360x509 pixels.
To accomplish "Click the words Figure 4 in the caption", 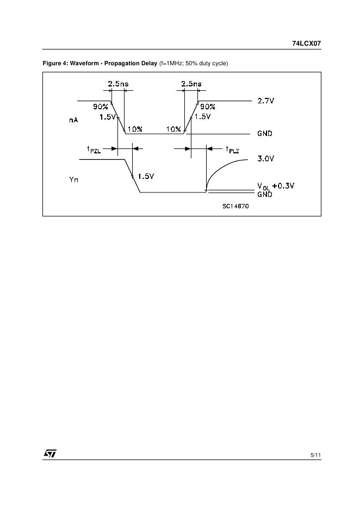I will pyautogui.click(x=55, y=64).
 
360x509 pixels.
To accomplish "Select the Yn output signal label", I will pyautogui.click(x=73, y=179).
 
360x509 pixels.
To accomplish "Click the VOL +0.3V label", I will pyautogui.click(x=276, y=186).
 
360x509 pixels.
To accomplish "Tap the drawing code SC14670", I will pyautogui.click(x=235, y=206).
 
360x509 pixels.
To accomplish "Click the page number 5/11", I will pyautogui.click(x=315, y=454).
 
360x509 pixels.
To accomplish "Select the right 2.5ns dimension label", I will pyautogui.click(x=191, y=84).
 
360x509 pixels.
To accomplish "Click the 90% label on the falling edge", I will pyautogui.click(x=100, y=107).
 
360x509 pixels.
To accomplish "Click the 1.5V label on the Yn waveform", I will pyautogui.click(x=146, y=176).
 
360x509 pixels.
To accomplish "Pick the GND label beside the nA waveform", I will pyautogui.click(x=265, y=134).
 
